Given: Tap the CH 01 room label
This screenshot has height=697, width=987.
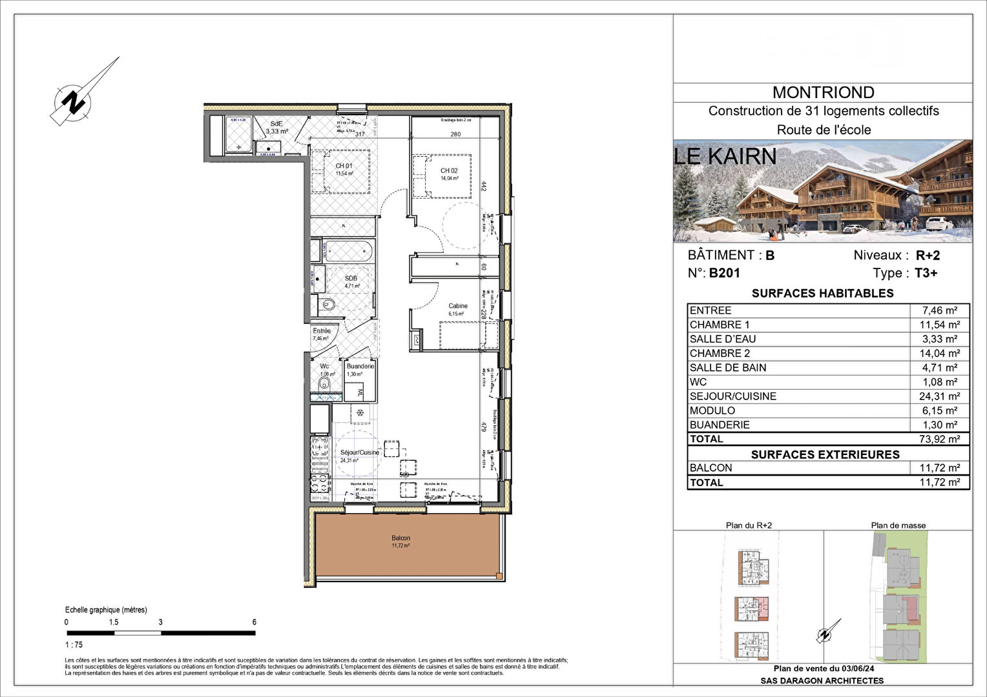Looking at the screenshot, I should [x=344, y=166].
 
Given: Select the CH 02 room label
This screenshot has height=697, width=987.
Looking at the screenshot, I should [x=449, y=171].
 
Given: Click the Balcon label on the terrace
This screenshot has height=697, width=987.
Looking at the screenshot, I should [x=400, y=538].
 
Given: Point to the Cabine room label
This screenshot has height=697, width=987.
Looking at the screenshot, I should [x=458, y=306].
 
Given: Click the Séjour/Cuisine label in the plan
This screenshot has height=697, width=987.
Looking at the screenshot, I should [x=360, y=452].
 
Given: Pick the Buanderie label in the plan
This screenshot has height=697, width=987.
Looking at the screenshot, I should [x=360, y=366].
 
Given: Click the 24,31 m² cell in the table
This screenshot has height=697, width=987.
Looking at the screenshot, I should [x=939, y=396].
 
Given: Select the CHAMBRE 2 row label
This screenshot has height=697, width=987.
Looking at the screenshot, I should [x=720, y=354].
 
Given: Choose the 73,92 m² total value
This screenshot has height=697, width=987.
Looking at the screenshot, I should [x=939, y=439].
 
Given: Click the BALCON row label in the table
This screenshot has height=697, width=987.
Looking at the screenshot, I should [x=711, y=468].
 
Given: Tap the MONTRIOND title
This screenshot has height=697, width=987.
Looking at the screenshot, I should [x=823, y=93].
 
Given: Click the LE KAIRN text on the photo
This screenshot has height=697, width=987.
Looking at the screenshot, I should [x=725, y=156].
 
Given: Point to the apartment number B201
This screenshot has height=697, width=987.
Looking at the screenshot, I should [x=724, y=273].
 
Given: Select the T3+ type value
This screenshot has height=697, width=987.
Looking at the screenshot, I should [x=926, y=273].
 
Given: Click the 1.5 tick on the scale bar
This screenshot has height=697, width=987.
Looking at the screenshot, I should [x=114, y=622].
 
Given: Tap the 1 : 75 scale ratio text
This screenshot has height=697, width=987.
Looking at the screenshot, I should [x=74, y=645].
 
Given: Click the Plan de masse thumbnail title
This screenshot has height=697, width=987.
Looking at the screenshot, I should [x=898, y=525].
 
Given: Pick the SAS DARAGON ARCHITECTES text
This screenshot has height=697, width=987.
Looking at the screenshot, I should [x=822, y=680].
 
